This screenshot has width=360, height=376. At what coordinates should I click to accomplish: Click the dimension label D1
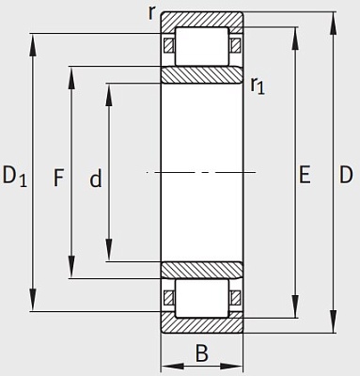pos(15,176)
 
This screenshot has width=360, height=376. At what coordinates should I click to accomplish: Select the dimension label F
pos(58,178)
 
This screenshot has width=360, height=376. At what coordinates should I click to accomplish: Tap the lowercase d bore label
pos(96,178)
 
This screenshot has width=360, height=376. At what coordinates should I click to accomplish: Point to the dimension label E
pos(305,175)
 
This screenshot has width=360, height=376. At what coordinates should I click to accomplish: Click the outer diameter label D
pos(346,175)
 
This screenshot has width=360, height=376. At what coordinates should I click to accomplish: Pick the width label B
pos(202,353)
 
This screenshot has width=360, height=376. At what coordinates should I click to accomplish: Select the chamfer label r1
pos(258,86)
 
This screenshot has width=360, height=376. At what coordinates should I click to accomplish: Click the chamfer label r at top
pos(152,13)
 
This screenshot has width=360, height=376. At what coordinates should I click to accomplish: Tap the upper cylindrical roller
pos(202,46)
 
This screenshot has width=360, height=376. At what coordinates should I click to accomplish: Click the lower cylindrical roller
pos(202,298)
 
